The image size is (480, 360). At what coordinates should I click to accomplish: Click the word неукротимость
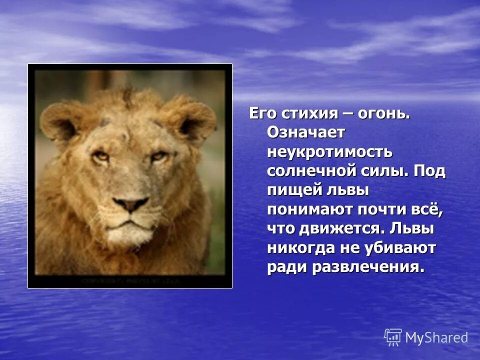tap(329, 151)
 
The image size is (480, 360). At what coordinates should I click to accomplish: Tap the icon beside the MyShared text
tap(393, 337)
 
